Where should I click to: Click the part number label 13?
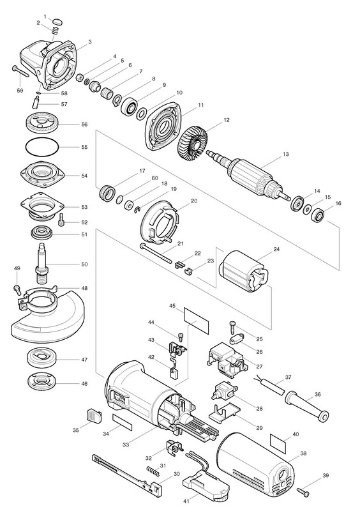click(286, 154)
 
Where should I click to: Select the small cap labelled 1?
click(57, 22)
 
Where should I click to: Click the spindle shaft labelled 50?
click(42, 263)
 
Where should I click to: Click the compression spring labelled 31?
click(153, 471)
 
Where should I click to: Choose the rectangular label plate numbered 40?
click(278, 444)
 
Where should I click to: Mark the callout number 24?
click(276, 249)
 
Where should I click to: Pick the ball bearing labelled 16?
click(318, 215)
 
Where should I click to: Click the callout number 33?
click(126, 445)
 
